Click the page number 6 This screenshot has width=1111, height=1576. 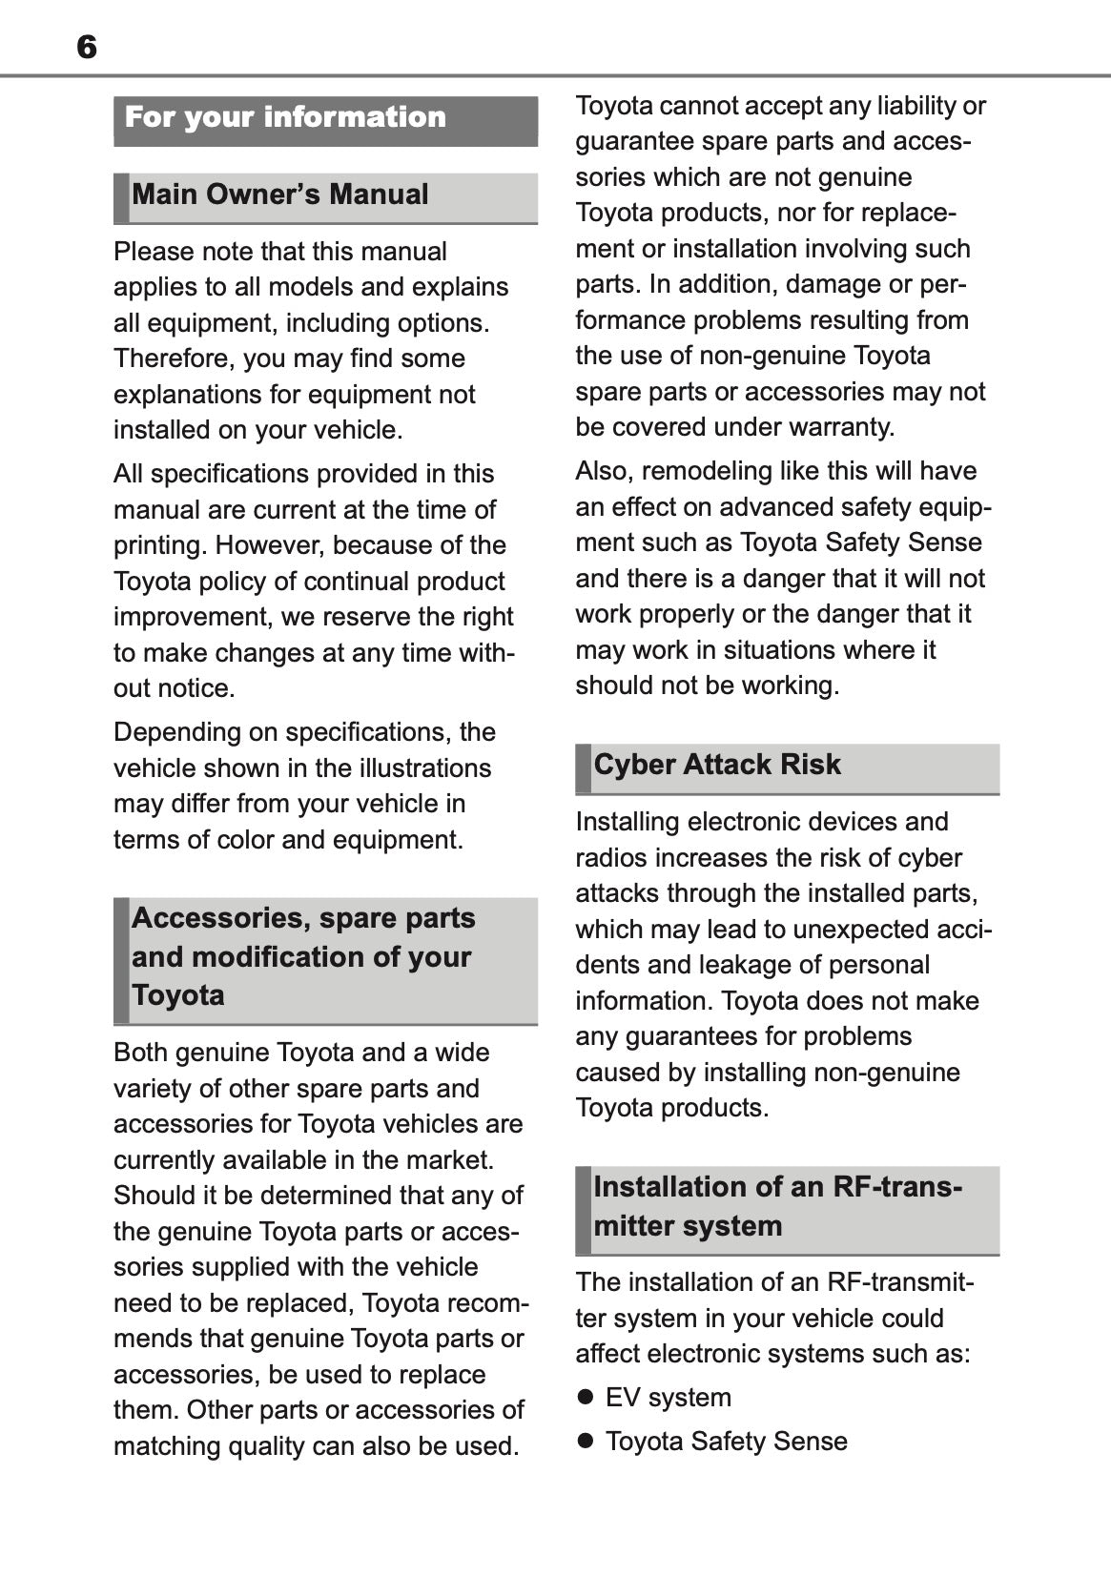[87, 47]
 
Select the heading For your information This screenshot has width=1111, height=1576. [285, 117]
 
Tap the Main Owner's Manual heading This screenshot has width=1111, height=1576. [280, 194]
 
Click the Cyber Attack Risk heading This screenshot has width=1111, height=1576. [717, 765]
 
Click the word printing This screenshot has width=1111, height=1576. [159, 545]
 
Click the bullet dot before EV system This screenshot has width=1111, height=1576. [586, 1398]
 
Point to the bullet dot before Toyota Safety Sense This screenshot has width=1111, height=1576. [586, 1442]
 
